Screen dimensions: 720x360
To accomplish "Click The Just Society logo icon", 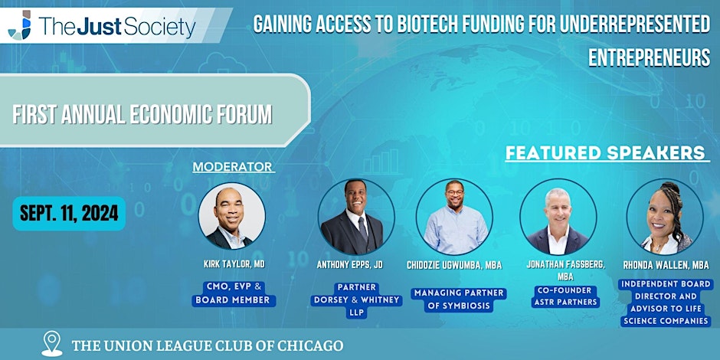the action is [x=20, y=26].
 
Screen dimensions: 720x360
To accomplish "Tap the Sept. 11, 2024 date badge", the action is [x=69, y=214].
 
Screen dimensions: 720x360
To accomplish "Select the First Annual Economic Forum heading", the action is [x=142, y=114].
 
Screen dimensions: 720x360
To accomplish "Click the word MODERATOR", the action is [x=234, y=167].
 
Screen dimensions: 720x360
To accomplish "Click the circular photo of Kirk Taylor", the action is [x=232, y=216].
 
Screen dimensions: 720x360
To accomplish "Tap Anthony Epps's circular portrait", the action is [x=356, y=217].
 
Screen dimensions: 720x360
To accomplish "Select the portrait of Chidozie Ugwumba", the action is [x=454, y=217].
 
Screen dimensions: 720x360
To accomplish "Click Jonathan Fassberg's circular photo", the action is [x=558, y=217].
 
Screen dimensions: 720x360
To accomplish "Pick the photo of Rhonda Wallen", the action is [x=665, y=217].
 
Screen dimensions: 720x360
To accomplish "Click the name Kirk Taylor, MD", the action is [x=234, y=264].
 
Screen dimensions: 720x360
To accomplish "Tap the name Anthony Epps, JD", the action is [x=350, y=265].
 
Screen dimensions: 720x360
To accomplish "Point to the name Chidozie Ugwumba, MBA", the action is [x=454, y=266].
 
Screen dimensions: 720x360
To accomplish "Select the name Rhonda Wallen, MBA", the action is [x=666, y=266].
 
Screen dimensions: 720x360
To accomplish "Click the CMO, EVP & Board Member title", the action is [x=234, y=294].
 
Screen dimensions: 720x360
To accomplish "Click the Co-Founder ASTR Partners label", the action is [x=566, y=296].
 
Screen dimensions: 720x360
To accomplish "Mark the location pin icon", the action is [x=52, y=343].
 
